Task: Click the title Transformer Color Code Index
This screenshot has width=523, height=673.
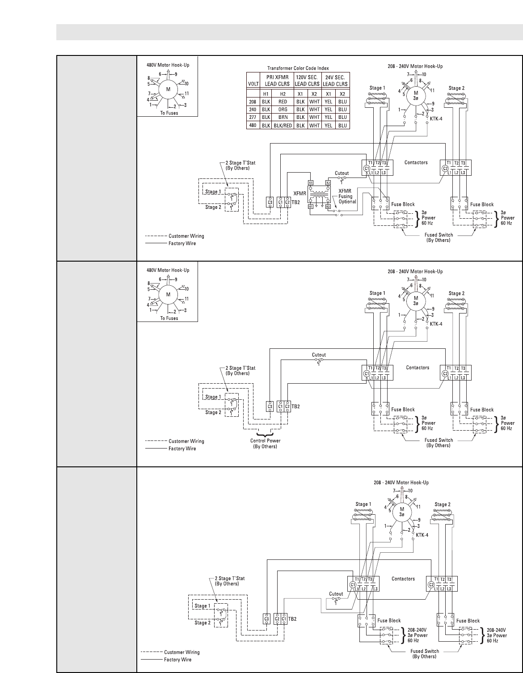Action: pyautogui.click(x=298, y=68)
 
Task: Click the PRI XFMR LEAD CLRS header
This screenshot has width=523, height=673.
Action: pyautogui.click(x=276, y=80)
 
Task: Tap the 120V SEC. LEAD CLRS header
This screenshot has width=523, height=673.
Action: pyautogui.click(x=308, y=80)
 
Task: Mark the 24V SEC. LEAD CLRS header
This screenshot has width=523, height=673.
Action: pyautogui.click(x=335, y=80)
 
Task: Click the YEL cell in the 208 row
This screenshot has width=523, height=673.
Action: pyautogui.click(x=328, y=102)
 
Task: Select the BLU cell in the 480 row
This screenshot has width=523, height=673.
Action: pyautogui.click(x=343, y=126)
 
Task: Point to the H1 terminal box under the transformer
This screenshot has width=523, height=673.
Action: pyautogui.click(x=311, y=207)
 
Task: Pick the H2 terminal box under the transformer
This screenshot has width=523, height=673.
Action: pyautogui.click(x=329, y=207)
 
